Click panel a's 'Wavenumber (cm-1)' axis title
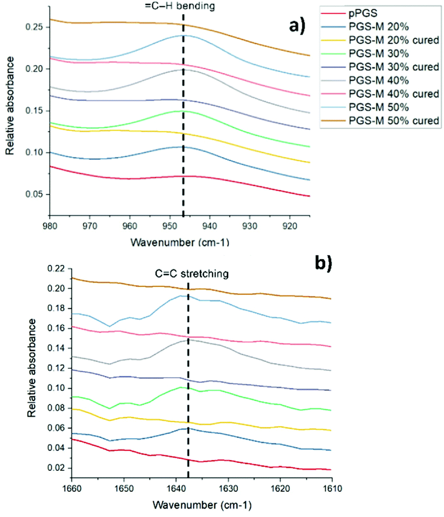pos(181,244)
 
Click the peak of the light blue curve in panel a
pos(183,35)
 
